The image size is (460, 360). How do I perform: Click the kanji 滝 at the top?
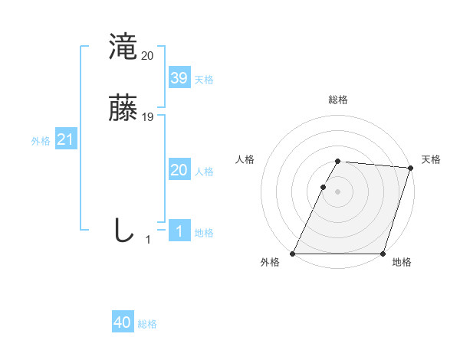click(123, 47)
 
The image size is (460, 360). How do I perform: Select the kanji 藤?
click(123, 108)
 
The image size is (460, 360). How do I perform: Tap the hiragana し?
click(123, 230)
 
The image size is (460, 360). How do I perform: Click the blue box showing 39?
click(179, 78)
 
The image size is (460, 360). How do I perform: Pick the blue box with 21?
click(65, 140)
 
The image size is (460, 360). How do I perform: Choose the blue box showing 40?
click(123, 322)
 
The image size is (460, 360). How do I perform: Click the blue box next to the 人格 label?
click(179, 170)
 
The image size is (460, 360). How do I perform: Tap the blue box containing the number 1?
click(179, 231)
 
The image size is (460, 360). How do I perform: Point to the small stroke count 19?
click(148, 117)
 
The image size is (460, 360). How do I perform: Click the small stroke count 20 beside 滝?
click(148, 56)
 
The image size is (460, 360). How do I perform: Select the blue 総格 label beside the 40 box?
click(148, 324)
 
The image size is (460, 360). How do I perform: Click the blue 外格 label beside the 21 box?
click(41, 141)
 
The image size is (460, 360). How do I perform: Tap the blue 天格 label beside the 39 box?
click(204, 80)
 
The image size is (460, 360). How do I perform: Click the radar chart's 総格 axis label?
click(337, 100)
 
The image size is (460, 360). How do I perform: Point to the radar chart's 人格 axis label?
click(245, 159)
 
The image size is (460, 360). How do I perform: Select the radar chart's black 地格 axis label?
click(401, 262)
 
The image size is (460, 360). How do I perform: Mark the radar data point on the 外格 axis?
click(293, 254)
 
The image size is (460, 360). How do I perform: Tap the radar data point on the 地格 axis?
click(383, 254)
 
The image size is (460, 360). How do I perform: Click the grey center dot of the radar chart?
click(337, 191)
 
